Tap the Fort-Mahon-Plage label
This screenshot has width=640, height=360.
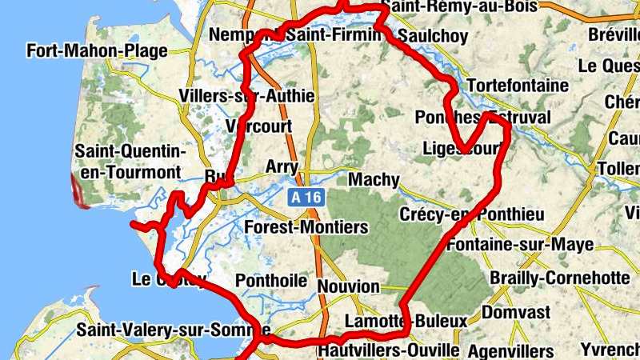[x=97, y=51]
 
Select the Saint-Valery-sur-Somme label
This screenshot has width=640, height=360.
[x=173, y=330]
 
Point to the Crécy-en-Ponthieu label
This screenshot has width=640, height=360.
[x=471, y=214]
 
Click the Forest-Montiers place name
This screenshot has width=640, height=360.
[x=306, y=227]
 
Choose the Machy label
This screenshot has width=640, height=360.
[x=373, y=179]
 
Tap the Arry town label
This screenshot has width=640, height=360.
[x=282, y=166]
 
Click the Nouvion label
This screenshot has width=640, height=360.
[x=348, y=286]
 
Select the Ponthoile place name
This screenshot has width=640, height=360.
[x=271, y=282]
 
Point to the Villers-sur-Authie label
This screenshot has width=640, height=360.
[x=246, y=96]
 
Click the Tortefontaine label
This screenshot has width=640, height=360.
[x=517, y=85]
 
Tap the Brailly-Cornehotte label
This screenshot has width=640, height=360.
[x=559, y=278]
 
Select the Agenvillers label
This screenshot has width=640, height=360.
[x=510, y=351]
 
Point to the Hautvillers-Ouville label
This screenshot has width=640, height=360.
[x=388, y=350]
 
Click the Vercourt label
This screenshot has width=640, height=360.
[x=259, y=126]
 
